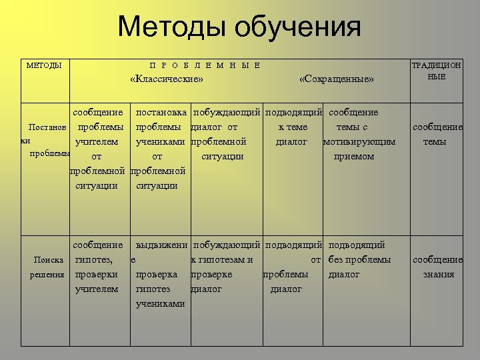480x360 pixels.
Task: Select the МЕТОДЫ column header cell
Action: click(44, 65)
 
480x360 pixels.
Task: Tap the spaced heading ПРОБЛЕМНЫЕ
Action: click(205, 65)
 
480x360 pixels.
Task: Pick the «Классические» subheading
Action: click(167, 80)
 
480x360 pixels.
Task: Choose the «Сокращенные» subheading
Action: click(337, 80)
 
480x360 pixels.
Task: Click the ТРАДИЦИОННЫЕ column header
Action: click(437, 71)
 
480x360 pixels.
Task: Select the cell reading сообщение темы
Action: click(438, 134)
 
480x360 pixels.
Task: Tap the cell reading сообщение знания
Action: click(438, 267)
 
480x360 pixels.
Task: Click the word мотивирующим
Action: click(359, 141)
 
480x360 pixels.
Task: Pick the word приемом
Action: click(353, 156)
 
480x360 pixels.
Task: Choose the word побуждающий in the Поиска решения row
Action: click(227, 245)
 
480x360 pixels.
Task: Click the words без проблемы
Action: click(360, 259)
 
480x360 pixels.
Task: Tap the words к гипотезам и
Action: click(222, 259)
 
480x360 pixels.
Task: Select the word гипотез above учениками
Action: click(153, 289)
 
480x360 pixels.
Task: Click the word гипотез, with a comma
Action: click(94, 259)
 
